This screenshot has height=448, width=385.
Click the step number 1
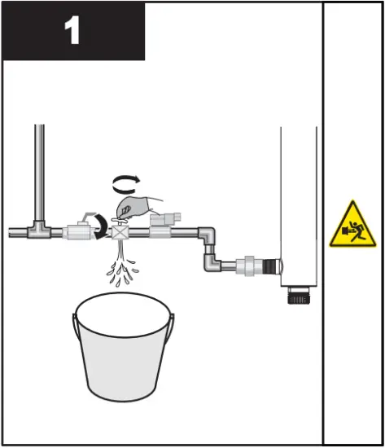72,31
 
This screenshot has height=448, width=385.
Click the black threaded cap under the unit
297,295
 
